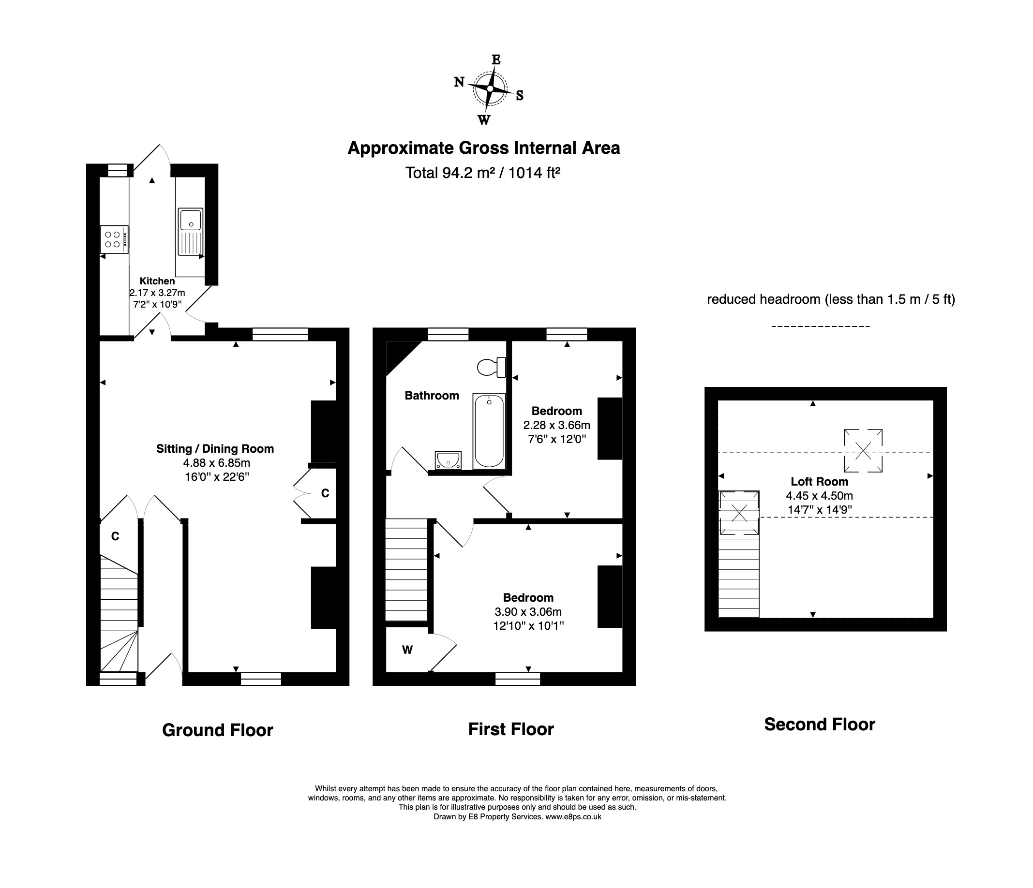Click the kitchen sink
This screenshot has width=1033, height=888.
coord(190,221)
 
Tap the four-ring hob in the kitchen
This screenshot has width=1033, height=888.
coord(114,239)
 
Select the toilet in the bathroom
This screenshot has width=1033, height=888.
coord(491,367)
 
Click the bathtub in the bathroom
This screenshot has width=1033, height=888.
coord(489,431)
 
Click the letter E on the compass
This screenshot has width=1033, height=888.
coord(496,60)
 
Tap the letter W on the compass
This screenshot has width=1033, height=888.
coord(483,120)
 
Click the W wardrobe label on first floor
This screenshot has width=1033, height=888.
coord(407,650)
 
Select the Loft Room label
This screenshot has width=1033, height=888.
coord(819,481)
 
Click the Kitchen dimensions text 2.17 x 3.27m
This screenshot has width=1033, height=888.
coord(158,293)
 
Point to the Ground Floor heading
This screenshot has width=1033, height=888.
coord(217,730)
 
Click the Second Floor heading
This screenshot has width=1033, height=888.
coord(819,724)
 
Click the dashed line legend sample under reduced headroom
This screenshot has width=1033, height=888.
coord(820,326)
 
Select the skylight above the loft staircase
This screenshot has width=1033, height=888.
coord(739,513)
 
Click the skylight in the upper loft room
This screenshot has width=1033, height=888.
coord(863,451)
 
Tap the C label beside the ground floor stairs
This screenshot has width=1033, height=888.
coord(115,536)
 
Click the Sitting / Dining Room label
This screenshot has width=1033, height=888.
coord(215,448)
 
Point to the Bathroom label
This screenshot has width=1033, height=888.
coord(432,396)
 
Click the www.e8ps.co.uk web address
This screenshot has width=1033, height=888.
coord(573,817)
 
